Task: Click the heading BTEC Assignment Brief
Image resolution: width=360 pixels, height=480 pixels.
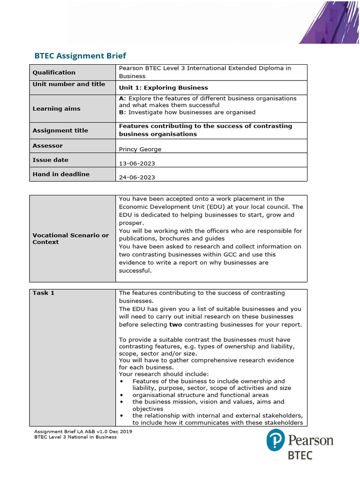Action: point(80,56)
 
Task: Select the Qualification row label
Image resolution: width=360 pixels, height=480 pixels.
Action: point(53,72)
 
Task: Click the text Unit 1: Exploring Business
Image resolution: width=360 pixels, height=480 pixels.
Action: point(163,88)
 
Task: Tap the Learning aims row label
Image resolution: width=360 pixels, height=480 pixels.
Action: point(56,108)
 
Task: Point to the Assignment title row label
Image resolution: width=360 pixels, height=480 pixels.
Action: point(60,130)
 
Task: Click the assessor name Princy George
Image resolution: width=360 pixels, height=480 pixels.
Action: point(141,150)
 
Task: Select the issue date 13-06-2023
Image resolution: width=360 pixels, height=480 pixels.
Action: point(137,164)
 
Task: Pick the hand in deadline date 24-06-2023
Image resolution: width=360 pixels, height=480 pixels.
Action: point(137,178)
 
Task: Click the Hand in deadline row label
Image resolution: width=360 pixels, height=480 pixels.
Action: point(60,174)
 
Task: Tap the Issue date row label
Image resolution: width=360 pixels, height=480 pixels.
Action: point(50,160)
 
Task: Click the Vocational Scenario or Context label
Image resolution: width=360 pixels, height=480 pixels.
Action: point(70,239)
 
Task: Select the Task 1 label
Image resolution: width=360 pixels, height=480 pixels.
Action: point(43,293)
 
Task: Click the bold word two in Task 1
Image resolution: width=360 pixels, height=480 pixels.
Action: point(176,325)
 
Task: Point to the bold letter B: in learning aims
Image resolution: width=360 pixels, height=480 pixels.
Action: point(122,112)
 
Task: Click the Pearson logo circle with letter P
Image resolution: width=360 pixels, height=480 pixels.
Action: point(276,441)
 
